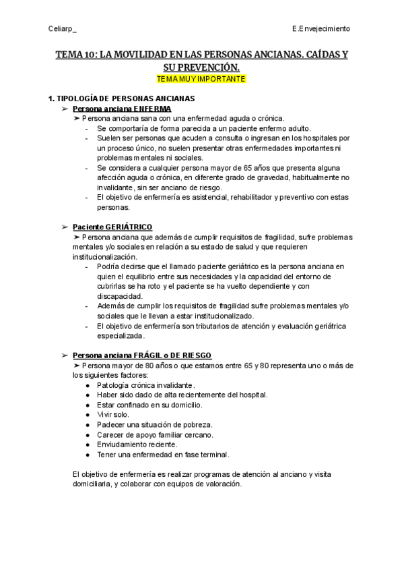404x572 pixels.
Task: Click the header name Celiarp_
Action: tap(63, 29)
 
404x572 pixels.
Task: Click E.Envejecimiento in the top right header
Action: tap(321, 29)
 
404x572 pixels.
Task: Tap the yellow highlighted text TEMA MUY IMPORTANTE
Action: tap(201, 79)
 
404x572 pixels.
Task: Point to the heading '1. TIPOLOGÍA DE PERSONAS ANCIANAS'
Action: tap(116, 98)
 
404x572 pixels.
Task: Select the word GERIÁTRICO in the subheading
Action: tap(129, 227)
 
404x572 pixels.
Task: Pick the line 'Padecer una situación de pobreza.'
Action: tap(154, 424)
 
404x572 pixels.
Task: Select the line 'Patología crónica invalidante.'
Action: tap(146, 384)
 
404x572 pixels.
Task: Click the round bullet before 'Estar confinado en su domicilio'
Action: tap(89, 405)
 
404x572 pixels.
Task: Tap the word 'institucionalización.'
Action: tap(104, 257)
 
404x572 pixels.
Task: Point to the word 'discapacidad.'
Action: tap(120, 296)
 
